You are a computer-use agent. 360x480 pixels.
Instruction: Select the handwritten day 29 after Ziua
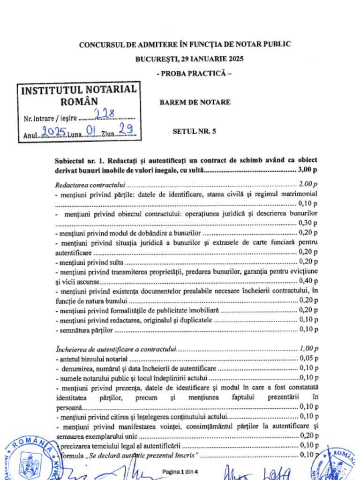(125, 129)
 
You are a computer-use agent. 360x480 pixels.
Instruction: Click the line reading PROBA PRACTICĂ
(194, 74)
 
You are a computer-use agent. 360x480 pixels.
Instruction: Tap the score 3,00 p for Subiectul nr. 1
(307, 170)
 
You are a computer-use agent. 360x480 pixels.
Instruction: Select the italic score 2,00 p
(308, 184)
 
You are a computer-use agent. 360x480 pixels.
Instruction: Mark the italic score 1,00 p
(308, 349)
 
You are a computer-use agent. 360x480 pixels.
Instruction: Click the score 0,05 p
(308, 359)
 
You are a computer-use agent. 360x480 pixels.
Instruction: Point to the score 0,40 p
(308, 281)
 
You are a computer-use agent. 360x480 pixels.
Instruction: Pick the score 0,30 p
(308, 223)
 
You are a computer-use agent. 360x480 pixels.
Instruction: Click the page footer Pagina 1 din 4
(180, 471)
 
